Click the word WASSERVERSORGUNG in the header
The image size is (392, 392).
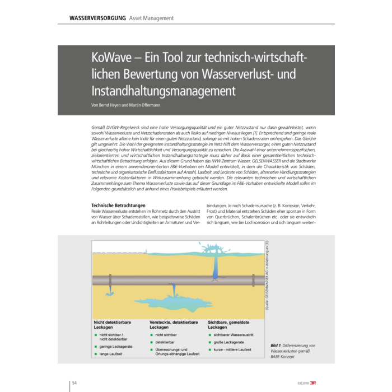pos(97,18)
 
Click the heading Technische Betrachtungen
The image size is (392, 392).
pos(119,206)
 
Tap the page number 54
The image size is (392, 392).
pos(74,383)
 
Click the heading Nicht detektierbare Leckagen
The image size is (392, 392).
pos(116,325)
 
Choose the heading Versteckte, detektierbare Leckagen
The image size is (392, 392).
pos(173,325)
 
